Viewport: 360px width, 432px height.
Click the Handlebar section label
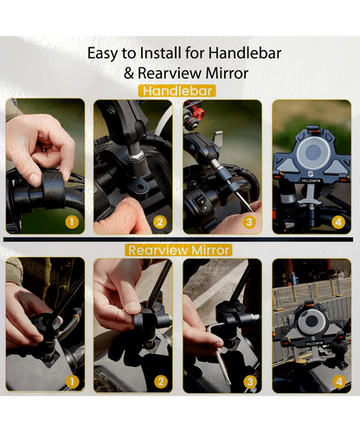(177, 91)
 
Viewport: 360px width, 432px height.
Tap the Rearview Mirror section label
(178, 250)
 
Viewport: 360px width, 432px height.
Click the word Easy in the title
(102, 54)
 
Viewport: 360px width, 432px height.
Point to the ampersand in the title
(129, 74)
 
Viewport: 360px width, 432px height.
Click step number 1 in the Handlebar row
(72, 222)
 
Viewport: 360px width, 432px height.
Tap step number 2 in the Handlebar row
(160, 222)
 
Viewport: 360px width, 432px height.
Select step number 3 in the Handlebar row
(249, 222)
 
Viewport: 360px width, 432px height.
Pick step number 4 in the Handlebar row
(338, 222)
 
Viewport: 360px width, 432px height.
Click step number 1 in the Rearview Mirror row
(72, 382)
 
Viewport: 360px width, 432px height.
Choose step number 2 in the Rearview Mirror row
(161, 382)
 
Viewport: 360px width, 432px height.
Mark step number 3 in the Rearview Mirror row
(250, 382)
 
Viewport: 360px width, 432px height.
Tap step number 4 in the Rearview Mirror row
(339, 382)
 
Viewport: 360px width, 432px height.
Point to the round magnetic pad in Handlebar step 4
(312, 152)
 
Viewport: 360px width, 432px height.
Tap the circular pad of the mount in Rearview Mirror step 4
(312, 321)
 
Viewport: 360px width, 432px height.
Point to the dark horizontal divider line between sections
(178, 239)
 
